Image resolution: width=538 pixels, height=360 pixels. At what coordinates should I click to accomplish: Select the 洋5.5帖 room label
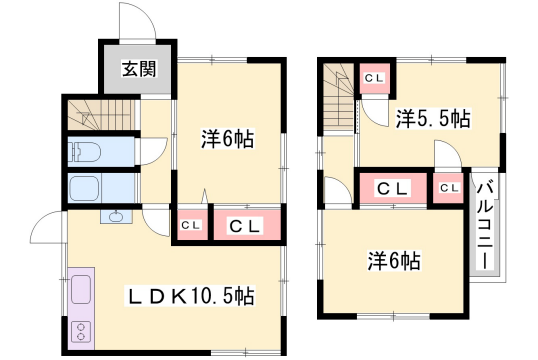[x=432, y=118]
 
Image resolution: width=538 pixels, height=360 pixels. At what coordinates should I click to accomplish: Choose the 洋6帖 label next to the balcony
[x=394, y=261]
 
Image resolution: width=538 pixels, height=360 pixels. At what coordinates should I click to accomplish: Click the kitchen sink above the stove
[x=80, y=290]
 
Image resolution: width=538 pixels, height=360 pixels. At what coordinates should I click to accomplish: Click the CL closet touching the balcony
[x=448, y=187]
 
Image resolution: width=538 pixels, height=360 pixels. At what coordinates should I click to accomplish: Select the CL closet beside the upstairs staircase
[x=376, y=78]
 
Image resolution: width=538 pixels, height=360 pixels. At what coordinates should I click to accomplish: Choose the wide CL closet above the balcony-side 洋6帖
[x=393, y=187]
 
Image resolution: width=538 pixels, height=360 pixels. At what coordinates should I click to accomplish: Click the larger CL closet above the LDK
[x=246, y=226]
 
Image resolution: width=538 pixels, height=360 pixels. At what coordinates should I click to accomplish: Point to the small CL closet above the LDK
[x=190, y=226]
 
